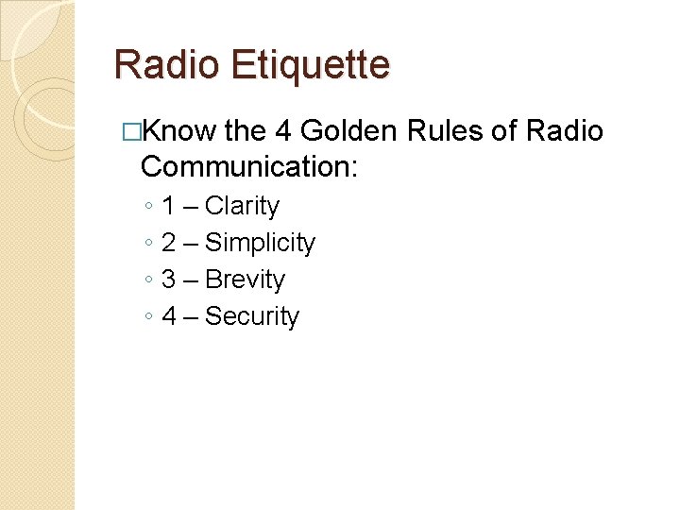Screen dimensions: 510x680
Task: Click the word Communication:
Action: point(248,167)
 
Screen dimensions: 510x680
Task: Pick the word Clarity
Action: point(242,206)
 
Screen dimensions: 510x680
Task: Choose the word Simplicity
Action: point(260,243)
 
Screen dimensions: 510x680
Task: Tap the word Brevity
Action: point(245,280)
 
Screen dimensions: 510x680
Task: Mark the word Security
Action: point(251,316)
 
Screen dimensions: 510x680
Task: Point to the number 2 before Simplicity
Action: point(169,243)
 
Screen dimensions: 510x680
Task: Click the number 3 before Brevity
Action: point(169,280)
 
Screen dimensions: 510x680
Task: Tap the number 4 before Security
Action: point(169,316)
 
